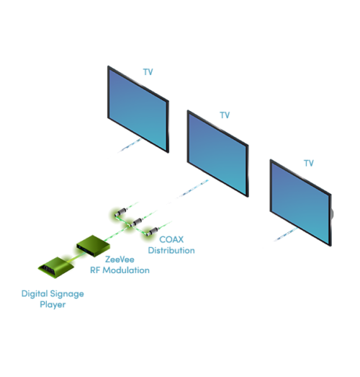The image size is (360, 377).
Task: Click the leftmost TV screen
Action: [x=138, y=108]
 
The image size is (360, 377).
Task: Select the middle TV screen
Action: [x=217, y=152]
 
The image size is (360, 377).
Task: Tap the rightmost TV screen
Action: [x=300, y=201]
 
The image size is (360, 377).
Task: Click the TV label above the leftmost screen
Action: [x=148, y=73]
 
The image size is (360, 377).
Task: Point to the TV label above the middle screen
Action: [x=225, y=115]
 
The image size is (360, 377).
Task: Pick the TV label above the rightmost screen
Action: [x=309, y=163]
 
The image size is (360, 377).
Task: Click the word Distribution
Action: [x=171, y=250]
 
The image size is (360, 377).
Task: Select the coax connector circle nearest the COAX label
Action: [x=148, y=232]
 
